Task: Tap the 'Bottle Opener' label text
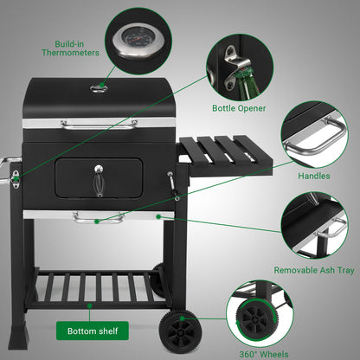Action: pyautogui.click(x=240, y=109)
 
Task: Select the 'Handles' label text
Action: pyautogui.click(x=313, y=177)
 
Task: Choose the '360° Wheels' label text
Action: pyautogui.click(x=263, y=353)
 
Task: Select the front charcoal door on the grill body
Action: pyautogui.click(x=98, y=176)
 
